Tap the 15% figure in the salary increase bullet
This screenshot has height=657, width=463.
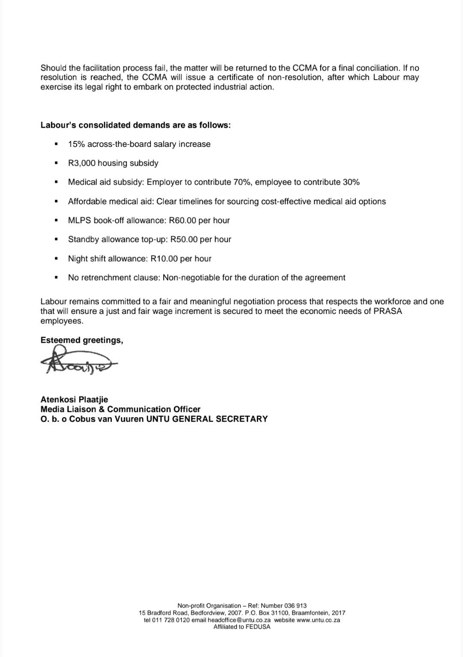pos(76,144)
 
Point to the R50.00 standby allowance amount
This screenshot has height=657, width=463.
pos(184,239)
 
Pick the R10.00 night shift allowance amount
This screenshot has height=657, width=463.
pos(164,259)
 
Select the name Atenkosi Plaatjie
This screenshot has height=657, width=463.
pos(74,400)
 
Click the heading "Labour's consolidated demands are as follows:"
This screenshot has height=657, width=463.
pos(135,125)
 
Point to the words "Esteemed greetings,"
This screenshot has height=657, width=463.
pos(82,340)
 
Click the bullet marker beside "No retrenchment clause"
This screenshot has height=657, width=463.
pos(56,278)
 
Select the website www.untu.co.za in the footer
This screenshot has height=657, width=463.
pos(318,620)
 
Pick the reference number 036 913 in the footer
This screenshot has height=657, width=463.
pos(295,606)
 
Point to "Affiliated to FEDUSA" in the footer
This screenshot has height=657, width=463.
pos(242,627)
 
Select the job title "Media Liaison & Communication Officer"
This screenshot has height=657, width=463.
pos(120,409)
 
